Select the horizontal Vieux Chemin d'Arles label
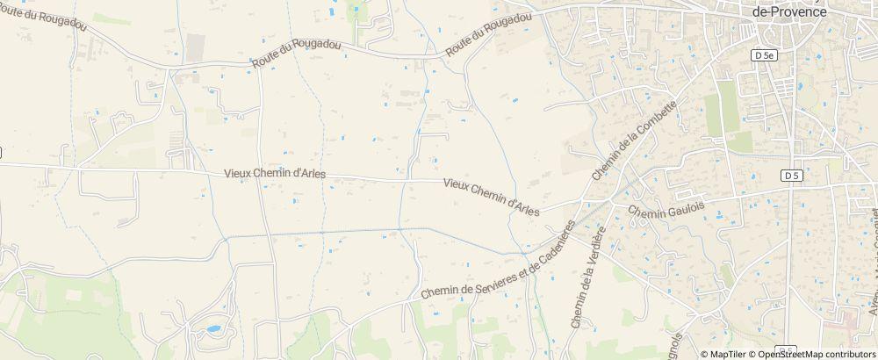tap(276, 174)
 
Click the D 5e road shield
tap(764, 55)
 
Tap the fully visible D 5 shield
tap(792, 176)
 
